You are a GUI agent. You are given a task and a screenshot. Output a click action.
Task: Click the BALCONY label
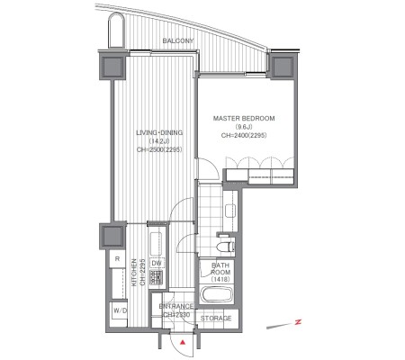[x=178, y=40]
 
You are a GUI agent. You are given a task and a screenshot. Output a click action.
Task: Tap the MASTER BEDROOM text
[x=244, y=119]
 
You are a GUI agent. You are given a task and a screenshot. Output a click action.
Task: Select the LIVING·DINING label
[x=159, y=132]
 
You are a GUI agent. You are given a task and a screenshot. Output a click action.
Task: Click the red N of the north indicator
[x=298, y=322]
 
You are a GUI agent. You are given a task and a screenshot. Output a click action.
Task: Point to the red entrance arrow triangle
[x=183, y=342]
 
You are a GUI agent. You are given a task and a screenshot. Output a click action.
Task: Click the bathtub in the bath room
[x=216, y=294]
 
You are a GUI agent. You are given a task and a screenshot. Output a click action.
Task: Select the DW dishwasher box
[x=157, y=264]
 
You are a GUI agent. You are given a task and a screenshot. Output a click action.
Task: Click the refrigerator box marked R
[x=117, y=259]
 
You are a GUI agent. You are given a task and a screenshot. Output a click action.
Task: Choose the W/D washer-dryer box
[x=119, y=310]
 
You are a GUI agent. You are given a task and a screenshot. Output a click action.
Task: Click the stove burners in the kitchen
[x=157, y=277]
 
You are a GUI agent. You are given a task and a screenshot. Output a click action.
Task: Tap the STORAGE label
[x=216, y=318]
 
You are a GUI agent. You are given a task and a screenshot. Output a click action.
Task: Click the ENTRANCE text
[x=176, y=307]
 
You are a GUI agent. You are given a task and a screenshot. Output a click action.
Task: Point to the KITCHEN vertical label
[x=134, y=273]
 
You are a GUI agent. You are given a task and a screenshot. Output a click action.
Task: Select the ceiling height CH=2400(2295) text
[x=244, y=136]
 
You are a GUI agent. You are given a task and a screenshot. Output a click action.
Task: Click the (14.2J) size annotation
[x=159, y=141]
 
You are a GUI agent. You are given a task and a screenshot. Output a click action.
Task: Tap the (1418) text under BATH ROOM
[x=220, y=279]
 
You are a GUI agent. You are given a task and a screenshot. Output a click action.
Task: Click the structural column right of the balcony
[x=283, y=65]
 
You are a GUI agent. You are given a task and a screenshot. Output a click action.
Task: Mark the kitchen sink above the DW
[x=156, y=244]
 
